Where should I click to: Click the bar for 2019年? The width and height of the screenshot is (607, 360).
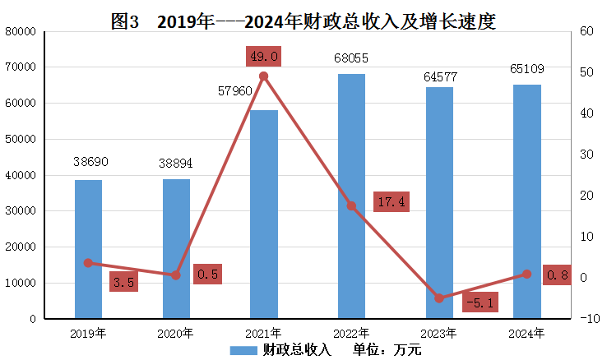click(x=88, y=248)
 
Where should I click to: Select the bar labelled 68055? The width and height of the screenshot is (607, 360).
click(x=351, y=196)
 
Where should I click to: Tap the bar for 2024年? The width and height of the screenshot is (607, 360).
click(x=527, y=201)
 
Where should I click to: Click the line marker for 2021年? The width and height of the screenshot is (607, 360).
click(x=263, y=76)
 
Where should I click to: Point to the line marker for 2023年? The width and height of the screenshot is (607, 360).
click(x=439, y=298)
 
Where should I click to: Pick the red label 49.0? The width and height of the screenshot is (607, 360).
click(x=263, y=56)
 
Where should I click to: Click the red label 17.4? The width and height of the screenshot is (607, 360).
click(x=388, y=201)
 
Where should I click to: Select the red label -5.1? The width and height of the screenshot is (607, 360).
click(x=478, y=302)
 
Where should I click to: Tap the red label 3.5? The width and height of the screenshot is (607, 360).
click(x=124, y=282)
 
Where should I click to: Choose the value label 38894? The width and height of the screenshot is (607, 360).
click(x=175, y=164)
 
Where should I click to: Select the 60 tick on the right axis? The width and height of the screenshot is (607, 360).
click(x=586, y=31)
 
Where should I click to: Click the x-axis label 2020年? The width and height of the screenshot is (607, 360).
click(x=176, y=333)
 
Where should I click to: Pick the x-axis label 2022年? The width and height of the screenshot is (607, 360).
click(x=351, y=333)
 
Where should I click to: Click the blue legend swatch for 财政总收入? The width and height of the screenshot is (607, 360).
click(x=243, y=350)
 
